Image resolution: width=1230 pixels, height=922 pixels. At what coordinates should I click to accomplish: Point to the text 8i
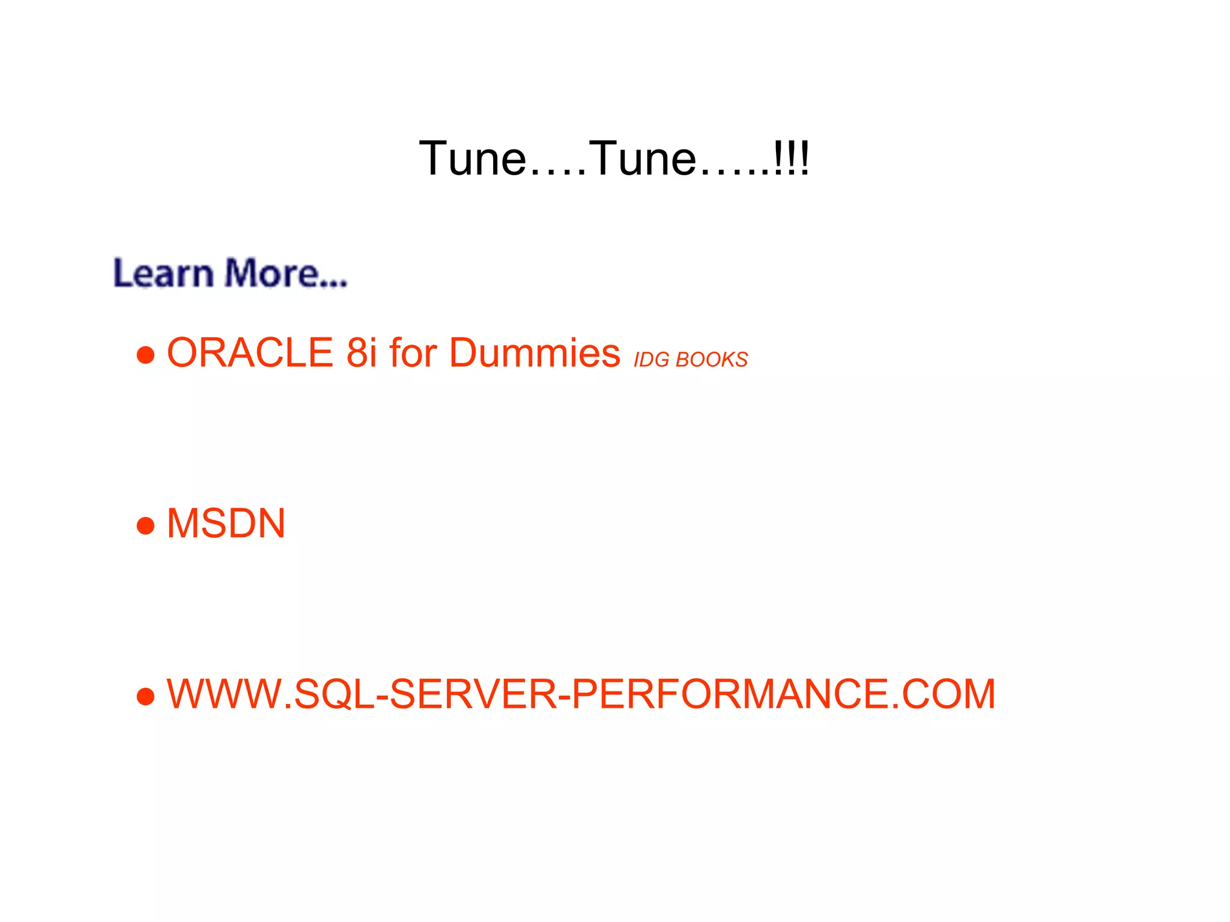[362, 352]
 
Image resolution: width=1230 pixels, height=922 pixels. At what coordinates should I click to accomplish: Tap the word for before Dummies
[413, 352]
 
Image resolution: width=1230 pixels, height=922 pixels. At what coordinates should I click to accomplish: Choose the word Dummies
[535, 352]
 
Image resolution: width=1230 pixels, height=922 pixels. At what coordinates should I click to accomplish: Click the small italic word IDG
[652, 360]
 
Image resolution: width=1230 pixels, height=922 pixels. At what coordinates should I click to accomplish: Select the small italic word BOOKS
[712, 360]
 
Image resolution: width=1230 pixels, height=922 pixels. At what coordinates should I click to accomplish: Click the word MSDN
[226, 523]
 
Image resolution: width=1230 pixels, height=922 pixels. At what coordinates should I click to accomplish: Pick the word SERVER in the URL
[473, 694]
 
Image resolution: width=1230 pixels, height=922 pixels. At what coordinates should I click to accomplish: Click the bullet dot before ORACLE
[146, 355]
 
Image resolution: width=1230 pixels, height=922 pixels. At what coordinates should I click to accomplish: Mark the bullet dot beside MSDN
[146, 526]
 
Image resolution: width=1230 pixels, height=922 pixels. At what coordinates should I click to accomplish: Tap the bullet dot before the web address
[146, 697]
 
